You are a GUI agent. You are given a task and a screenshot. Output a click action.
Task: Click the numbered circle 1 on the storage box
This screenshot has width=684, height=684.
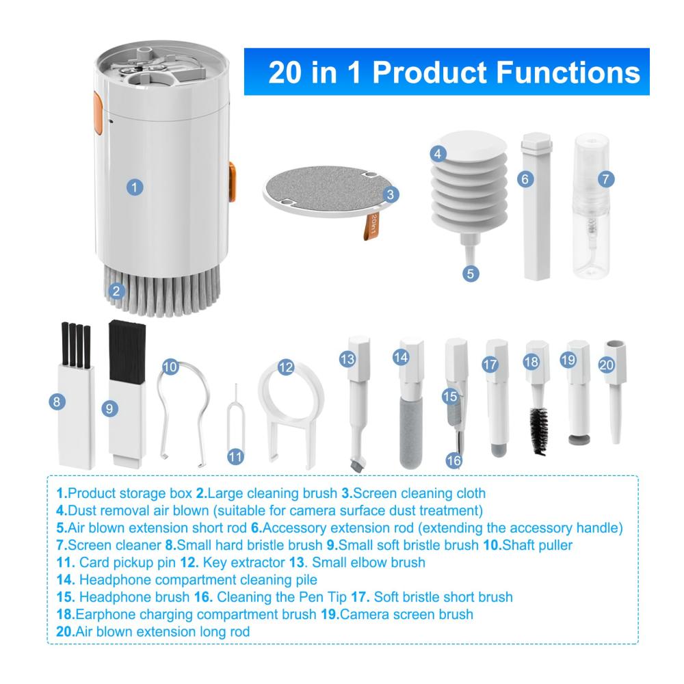135,187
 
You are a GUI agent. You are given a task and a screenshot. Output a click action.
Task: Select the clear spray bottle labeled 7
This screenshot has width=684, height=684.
592,206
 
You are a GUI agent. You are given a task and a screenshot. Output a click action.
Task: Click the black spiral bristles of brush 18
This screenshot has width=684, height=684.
540,430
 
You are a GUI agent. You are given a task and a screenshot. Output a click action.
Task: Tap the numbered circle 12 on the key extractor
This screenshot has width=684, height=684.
286,367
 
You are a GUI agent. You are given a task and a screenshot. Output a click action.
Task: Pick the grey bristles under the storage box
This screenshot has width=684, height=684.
162,291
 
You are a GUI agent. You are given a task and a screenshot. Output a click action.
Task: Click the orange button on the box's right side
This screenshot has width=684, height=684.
232,181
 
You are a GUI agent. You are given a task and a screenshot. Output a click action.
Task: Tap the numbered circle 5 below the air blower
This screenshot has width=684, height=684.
471,274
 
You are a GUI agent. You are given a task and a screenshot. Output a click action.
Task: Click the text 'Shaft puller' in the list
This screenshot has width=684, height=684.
537,545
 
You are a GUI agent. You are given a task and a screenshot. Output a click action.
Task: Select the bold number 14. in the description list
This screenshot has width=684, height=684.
66,580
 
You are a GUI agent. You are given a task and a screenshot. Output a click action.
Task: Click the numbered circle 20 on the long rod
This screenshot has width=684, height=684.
606,365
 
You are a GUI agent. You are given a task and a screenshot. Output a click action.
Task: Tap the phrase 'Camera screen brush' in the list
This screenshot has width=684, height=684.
406,614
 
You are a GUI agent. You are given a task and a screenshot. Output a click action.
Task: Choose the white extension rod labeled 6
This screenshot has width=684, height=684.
536,206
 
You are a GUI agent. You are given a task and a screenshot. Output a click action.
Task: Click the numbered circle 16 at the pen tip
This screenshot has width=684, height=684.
453,460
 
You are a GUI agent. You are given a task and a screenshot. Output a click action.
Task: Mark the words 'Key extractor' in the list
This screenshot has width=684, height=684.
244,562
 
